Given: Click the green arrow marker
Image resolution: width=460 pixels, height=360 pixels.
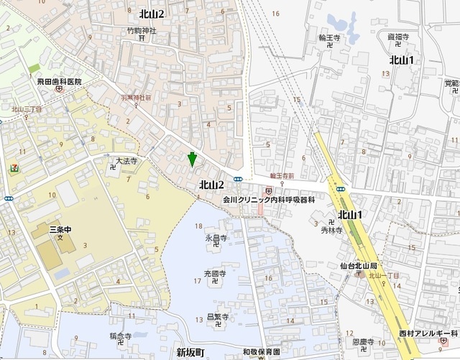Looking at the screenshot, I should coord(192,159).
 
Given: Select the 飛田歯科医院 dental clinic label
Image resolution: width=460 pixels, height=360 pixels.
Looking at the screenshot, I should coord(60,83).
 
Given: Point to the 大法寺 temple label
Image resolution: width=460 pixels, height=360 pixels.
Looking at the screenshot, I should coord(126,162).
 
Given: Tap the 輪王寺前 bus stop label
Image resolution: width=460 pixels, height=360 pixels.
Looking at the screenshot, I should coord(282,175).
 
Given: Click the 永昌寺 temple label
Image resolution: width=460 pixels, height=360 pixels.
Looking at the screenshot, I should coord(216,237).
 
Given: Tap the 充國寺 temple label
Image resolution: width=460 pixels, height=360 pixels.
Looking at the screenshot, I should coord(216,274).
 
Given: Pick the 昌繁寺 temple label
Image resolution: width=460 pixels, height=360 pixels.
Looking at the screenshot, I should coord(217,316).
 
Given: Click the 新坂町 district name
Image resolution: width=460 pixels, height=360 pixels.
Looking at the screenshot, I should coord(190,352).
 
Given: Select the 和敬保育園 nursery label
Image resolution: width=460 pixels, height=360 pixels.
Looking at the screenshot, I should coord(260,352).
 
